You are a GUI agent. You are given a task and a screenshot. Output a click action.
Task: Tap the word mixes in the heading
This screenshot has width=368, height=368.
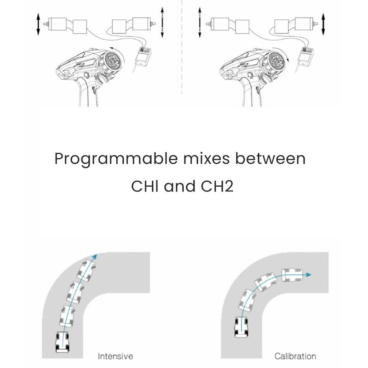click(206, 158)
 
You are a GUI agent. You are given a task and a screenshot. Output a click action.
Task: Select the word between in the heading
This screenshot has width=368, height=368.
click(270, 158)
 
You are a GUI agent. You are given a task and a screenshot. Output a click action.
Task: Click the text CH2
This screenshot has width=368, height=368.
click(217, 186)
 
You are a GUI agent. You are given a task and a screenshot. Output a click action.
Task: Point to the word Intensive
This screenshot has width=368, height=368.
click(115, 356)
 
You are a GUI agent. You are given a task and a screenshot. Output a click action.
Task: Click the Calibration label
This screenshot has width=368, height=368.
click(295, 356)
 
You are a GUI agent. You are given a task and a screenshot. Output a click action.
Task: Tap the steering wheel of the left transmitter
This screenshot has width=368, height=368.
click(113, 60)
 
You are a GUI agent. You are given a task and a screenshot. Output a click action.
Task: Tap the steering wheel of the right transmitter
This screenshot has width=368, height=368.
click(277, 60)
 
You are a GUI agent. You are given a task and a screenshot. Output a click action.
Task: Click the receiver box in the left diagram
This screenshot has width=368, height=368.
click(144, 56)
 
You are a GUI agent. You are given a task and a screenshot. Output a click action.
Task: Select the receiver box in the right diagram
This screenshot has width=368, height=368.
click(307, 56)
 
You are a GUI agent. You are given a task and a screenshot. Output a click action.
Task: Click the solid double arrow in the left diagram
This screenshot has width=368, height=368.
click(38, 24)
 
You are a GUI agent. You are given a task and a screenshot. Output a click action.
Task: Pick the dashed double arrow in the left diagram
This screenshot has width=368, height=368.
click(162, 22)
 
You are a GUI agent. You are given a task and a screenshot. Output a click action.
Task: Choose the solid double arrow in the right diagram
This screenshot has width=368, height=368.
click(323, 24)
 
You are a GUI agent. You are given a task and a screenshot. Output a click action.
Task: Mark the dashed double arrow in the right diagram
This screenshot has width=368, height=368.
click(200, 22)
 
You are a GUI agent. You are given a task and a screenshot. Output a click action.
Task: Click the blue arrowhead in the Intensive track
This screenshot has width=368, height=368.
click(95, 257)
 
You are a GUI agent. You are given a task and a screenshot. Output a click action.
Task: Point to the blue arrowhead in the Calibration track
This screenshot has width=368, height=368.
click(308, 275)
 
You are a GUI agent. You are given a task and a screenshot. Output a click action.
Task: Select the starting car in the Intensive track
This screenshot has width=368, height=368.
click(63, 342)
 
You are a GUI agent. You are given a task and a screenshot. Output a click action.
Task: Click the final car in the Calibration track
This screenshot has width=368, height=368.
click(292, 275)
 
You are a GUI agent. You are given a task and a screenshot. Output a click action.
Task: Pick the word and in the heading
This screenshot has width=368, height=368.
click(179, 186)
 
